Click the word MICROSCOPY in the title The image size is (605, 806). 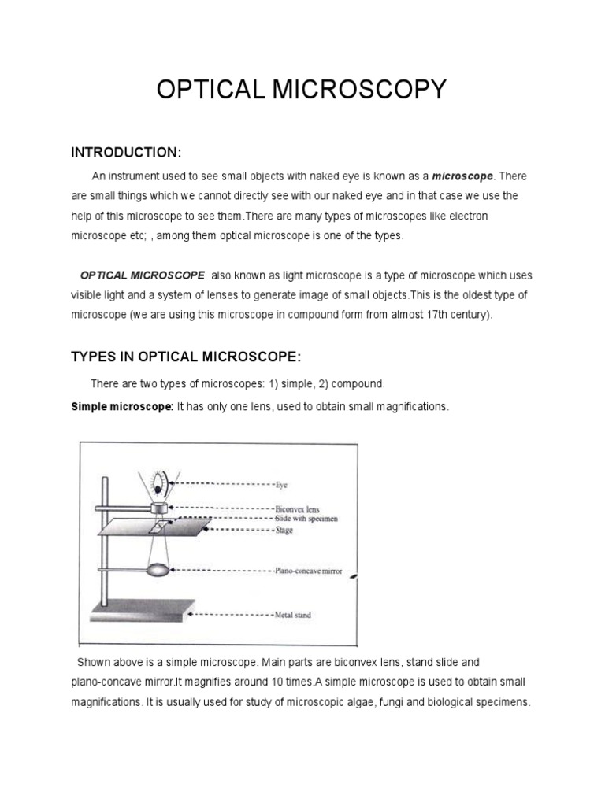(x=358, y=90)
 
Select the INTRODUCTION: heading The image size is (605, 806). (x=127, y=151)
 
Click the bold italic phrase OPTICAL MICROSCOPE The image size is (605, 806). (x=143, y=275)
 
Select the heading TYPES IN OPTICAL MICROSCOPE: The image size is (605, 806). (x=186, y=357)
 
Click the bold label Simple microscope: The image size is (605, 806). (x=122, y=406)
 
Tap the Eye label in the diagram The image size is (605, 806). (x=282, y=486)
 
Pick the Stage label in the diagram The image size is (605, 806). (x=284, y=531)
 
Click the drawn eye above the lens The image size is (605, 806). (x=161, y=481)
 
